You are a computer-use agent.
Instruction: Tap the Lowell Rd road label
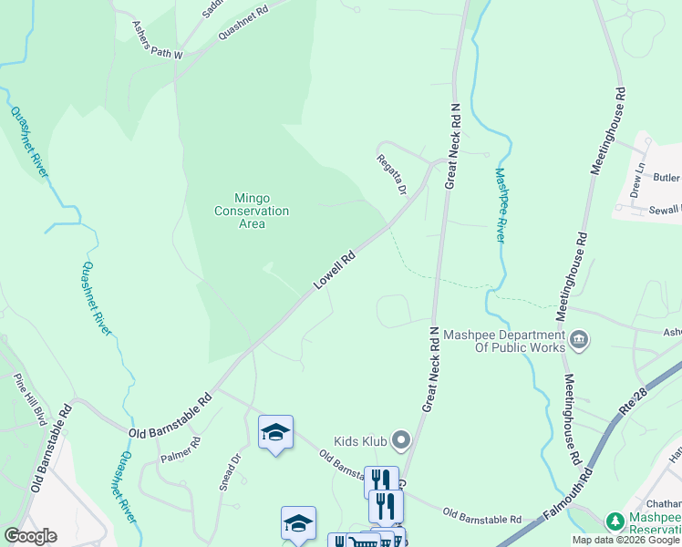[x=334, y=271]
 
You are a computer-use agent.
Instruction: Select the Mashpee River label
[x=501, y=203]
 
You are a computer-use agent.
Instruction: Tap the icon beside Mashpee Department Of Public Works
[x=579, y=341]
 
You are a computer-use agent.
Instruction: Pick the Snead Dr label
[x=228, y=473]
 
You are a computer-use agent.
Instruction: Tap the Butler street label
[x=666, y=178]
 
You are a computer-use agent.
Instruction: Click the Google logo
[x=30, y=536]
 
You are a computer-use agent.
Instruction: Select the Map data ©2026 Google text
[x=626, y=540]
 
